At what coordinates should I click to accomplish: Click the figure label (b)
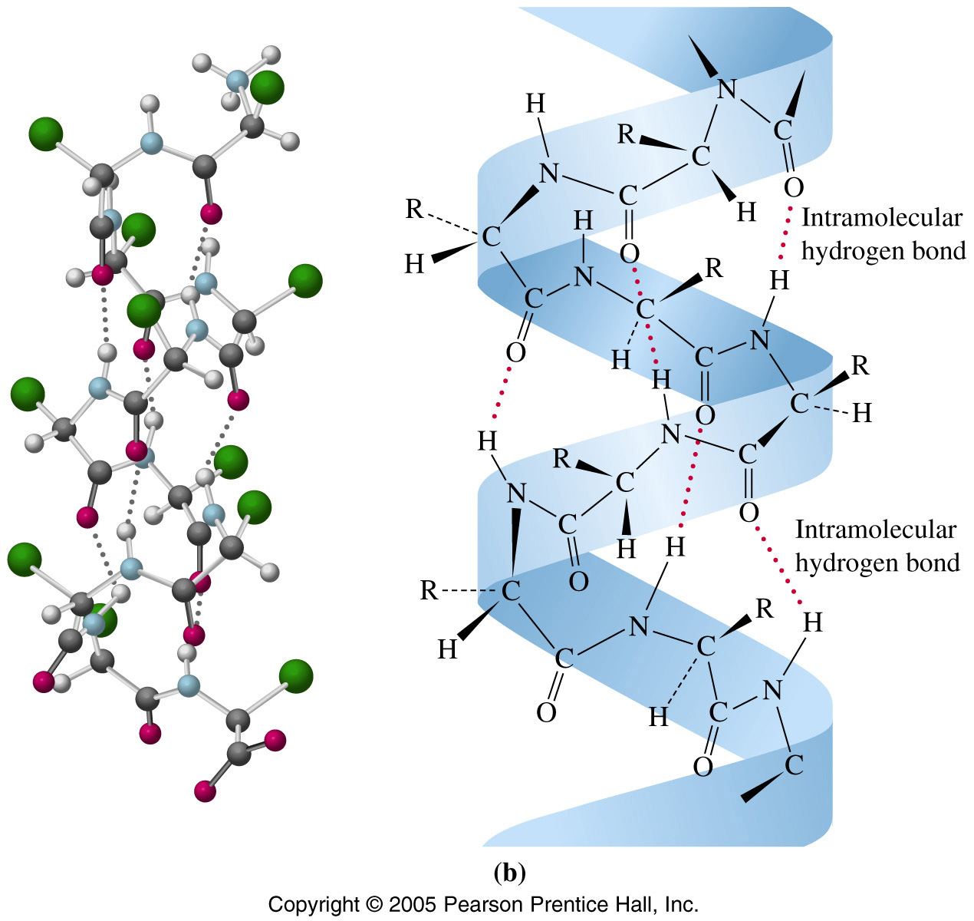[x=509, y=873]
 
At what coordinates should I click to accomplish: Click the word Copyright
[x=314, y=904]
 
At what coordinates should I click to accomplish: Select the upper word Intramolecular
[x=882, y=218]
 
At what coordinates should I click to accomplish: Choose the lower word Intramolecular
[x=875, y=530]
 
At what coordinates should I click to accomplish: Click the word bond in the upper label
[x=939, y=251]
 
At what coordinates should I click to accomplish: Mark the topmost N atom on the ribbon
[x=727, y=89]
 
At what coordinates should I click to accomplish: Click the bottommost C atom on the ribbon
[x=794, y=765]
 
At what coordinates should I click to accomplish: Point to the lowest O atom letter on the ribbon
[x=703, y=766]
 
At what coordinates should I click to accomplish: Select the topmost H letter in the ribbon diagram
[x=535, y=104]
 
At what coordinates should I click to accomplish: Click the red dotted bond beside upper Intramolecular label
[x=784, y=233]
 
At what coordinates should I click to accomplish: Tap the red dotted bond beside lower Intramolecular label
[x=778, y=565]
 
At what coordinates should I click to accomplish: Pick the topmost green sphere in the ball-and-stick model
[x=268, y=87]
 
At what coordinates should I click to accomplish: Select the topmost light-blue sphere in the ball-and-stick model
[x=238, y=80]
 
